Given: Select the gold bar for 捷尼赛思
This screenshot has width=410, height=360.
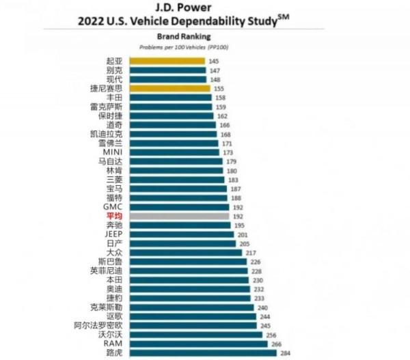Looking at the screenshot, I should (x=168, y=88).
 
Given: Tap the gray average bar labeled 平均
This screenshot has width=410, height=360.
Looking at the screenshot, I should (x=178, y=216).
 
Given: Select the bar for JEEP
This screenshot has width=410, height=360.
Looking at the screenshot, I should (x=180, y=234).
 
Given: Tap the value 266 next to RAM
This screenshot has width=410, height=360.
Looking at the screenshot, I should (x=276, y=344).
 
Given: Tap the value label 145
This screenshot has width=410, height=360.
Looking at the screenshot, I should (x=214, y=61).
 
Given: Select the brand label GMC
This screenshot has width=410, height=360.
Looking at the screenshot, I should (x=113, y=206).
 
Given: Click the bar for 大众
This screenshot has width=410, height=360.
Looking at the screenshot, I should (x=184, y=252).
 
